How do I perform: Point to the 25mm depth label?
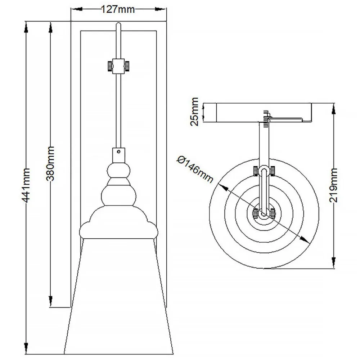tap(194, 111)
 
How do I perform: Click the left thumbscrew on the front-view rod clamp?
tap(108, 66)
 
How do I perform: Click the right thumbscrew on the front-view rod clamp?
tap(127, 66)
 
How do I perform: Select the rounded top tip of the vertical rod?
tap(118, 24)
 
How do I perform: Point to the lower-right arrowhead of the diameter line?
tap(306, 240)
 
